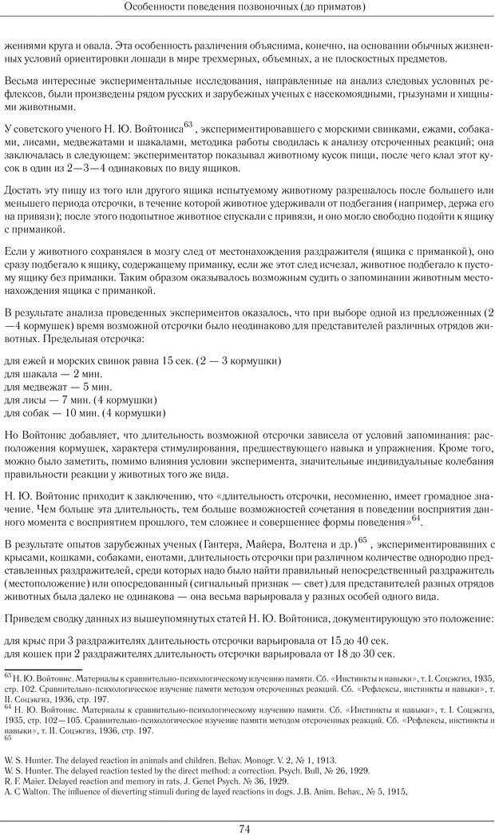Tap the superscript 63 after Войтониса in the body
click(188, 124)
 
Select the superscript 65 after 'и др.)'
click(362, 540)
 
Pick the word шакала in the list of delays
click(38, 374)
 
